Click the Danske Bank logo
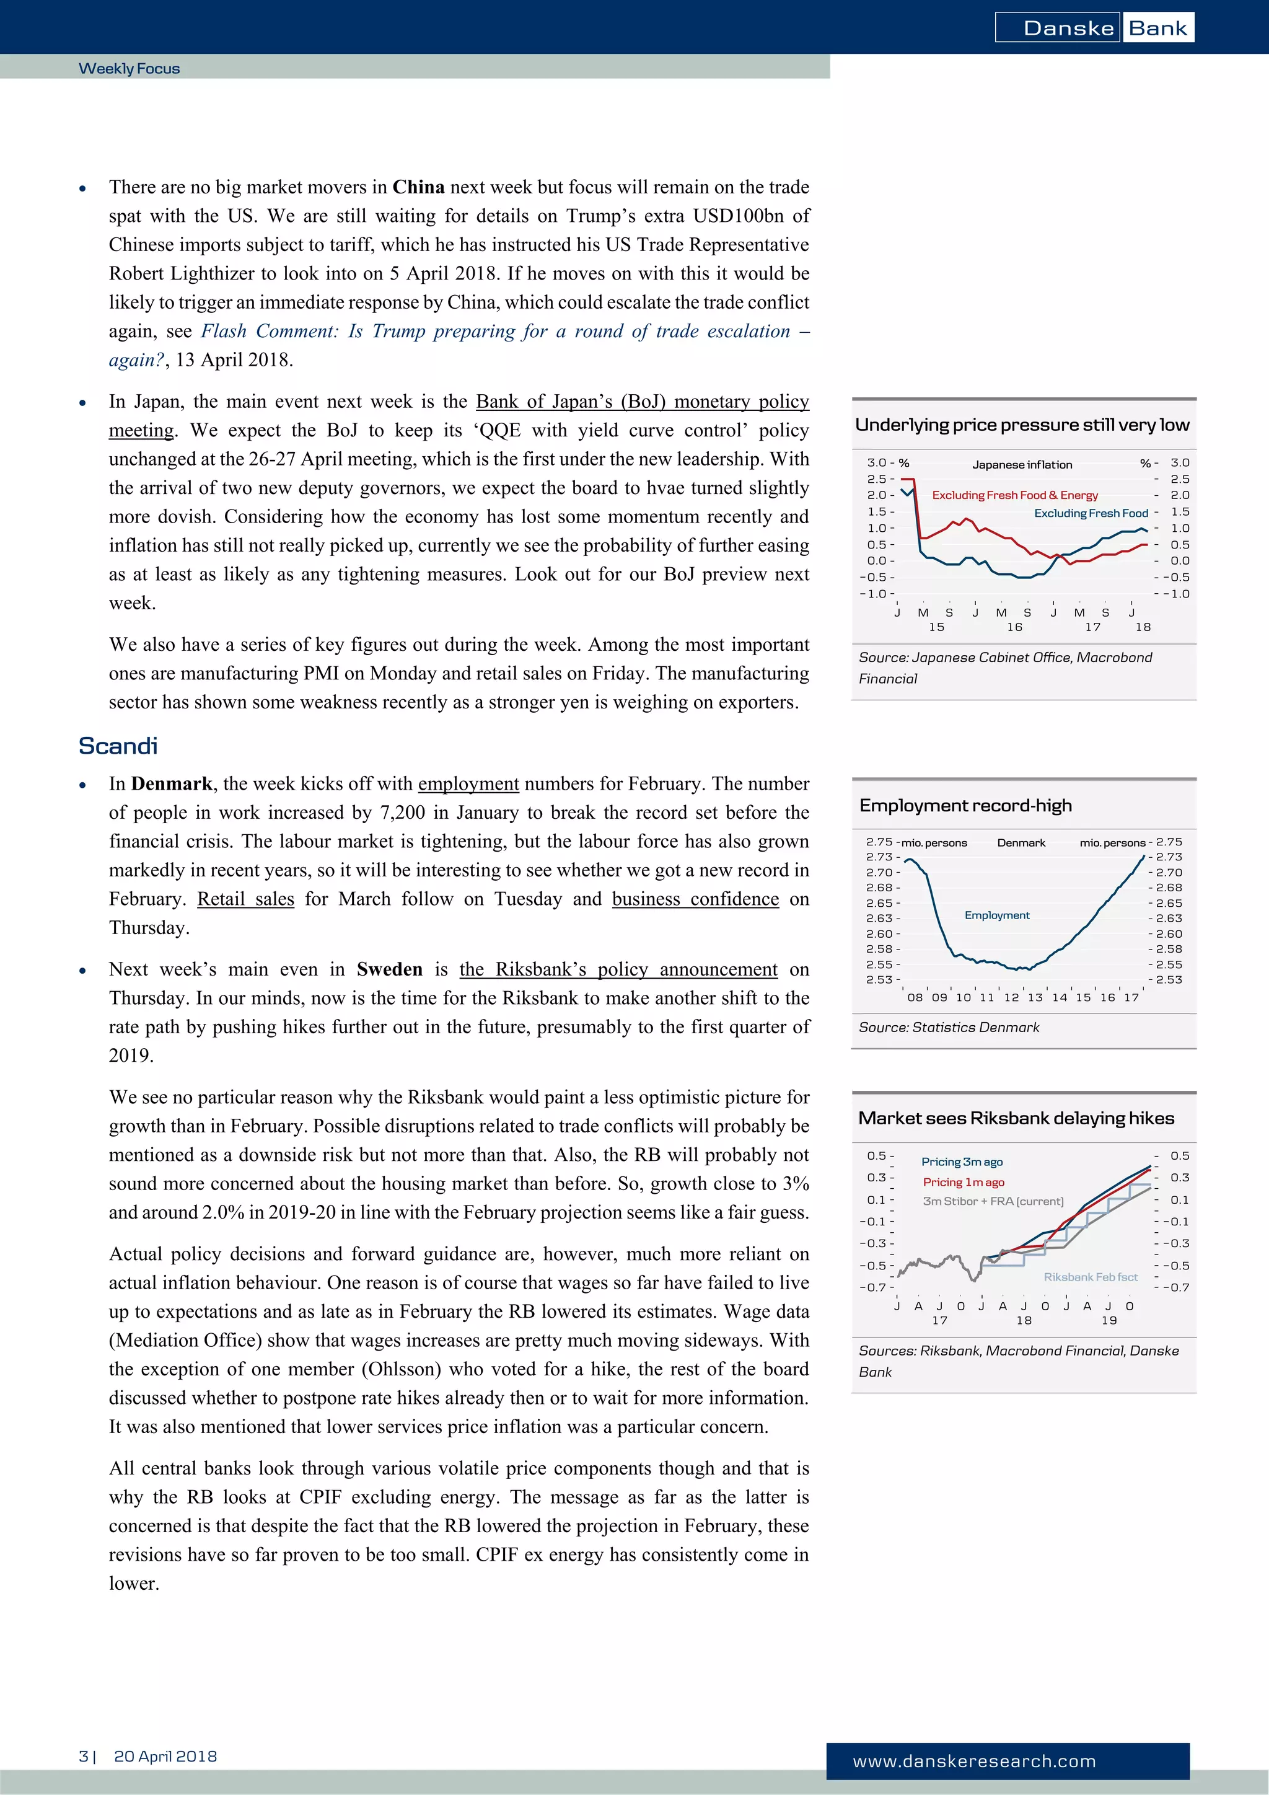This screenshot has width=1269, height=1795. [x=1094, y=28]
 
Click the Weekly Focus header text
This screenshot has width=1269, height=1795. [x=129, y=69]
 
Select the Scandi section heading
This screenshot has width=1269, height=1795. [x=118, y=746]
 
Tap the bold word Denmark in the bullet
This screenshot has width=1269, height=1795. [x=171, y=784]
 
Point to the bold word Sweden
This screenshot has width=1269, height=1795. [x=389, y=969]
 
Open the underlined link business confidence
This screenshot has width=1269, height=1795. [x=695, y=899]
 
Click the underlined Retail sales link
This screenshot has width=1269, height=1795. [x=245, y=899]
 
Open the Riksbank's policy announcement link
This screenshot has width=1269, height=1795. [x=618, y=969]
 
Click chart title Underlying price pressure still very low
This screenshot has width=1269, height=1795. [x=1021, y=425]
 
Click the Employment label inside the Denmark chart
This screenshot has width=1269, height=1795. [x=996, y=915]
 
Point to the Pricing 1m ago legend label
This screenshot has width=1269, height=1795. [x=963, y=1182]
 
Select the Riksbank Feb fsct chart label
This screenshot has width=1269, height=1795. [x=1090, y=1277]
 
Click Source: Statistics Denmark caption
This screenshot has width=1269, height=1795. [x=949, y=1027]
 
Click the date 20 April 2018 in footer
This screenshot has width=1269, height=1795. [x=165, y=1756]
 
